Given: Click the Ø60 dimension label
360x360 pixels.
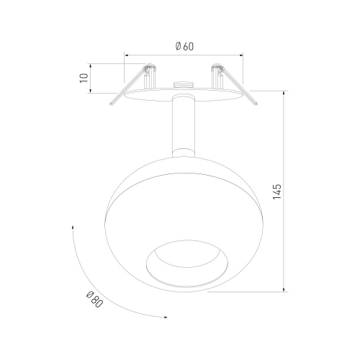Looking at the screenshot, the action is (x=184, y=46).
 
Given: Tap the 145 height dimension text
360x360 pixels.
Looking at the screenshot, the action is (x=277, y=192).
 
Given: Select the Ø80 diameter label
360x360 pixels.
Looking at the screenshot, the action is (x=94, y=300).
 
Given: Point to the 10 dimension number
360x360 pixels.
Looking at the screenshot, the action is (x=84, y=78).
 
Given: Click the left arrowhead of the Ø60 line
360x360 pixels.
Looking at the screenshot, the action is (x=126, y=55).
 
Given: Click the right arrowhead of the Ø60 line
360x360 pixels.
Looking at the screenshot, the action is (x=241, y=55).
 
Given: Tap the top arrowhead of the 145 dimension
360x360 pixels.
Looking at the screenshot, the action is (x=284, y=93).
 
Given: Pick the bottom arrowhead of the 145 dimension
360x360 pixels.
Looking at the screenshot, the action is (x=284, y=290).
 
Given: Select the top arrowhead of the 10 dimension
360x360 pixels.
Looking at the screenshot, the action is (x=91, y=66).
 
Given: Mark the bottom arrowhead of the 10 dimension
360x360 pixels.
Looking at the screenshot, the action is (x=91, y=91).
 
